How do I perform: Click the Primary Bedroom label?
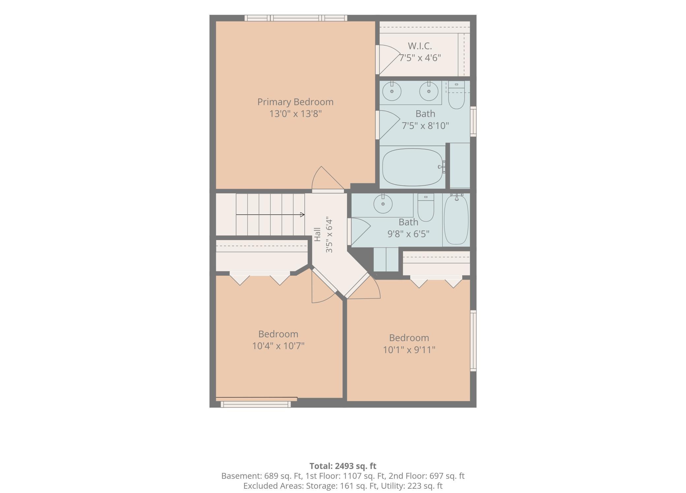pyautogui.click(x=295, y=102)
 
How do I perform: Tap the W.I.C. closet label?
pyautogui.click(x=420, y=46)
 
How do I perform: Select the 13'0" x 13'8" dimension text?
pyautogui.click(x=295, y=114)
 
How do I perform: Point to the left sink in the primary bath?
pyautogui.click(x=392, y=91)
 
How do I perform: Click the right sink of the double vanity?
pyautogui.click(x=429, y=91)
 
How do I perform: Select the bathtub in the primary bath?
pyautogui.click(x=413, y=167)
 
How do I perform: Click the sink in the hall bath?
pyautogui.click(x=383, y=203)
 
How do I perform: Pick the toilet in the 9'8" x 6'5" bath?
pyautogui.click(x=426, y=207)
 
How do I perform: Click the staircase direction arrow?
pyautogui.click(x=270, y=215)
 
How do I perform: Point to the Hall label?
pyautogui.click(x=317, y=234)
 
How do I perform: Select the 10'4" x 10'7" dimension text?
pyautogui.click(x=278, y=346)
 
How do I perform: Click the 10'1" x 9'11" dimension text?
pyautogui.click(x=409, y=350)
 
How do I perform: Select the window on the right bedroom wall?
pyautogui.click(x=473, y=341)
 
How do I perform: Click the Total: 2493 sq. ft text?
pyautogui.click(x=343, y=466)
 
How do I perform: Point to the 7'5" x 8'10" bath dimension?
pyautogui.click(x=425, y=126)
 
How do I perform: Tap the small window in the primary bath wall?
pyautogui.click(x=473, y=121)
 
